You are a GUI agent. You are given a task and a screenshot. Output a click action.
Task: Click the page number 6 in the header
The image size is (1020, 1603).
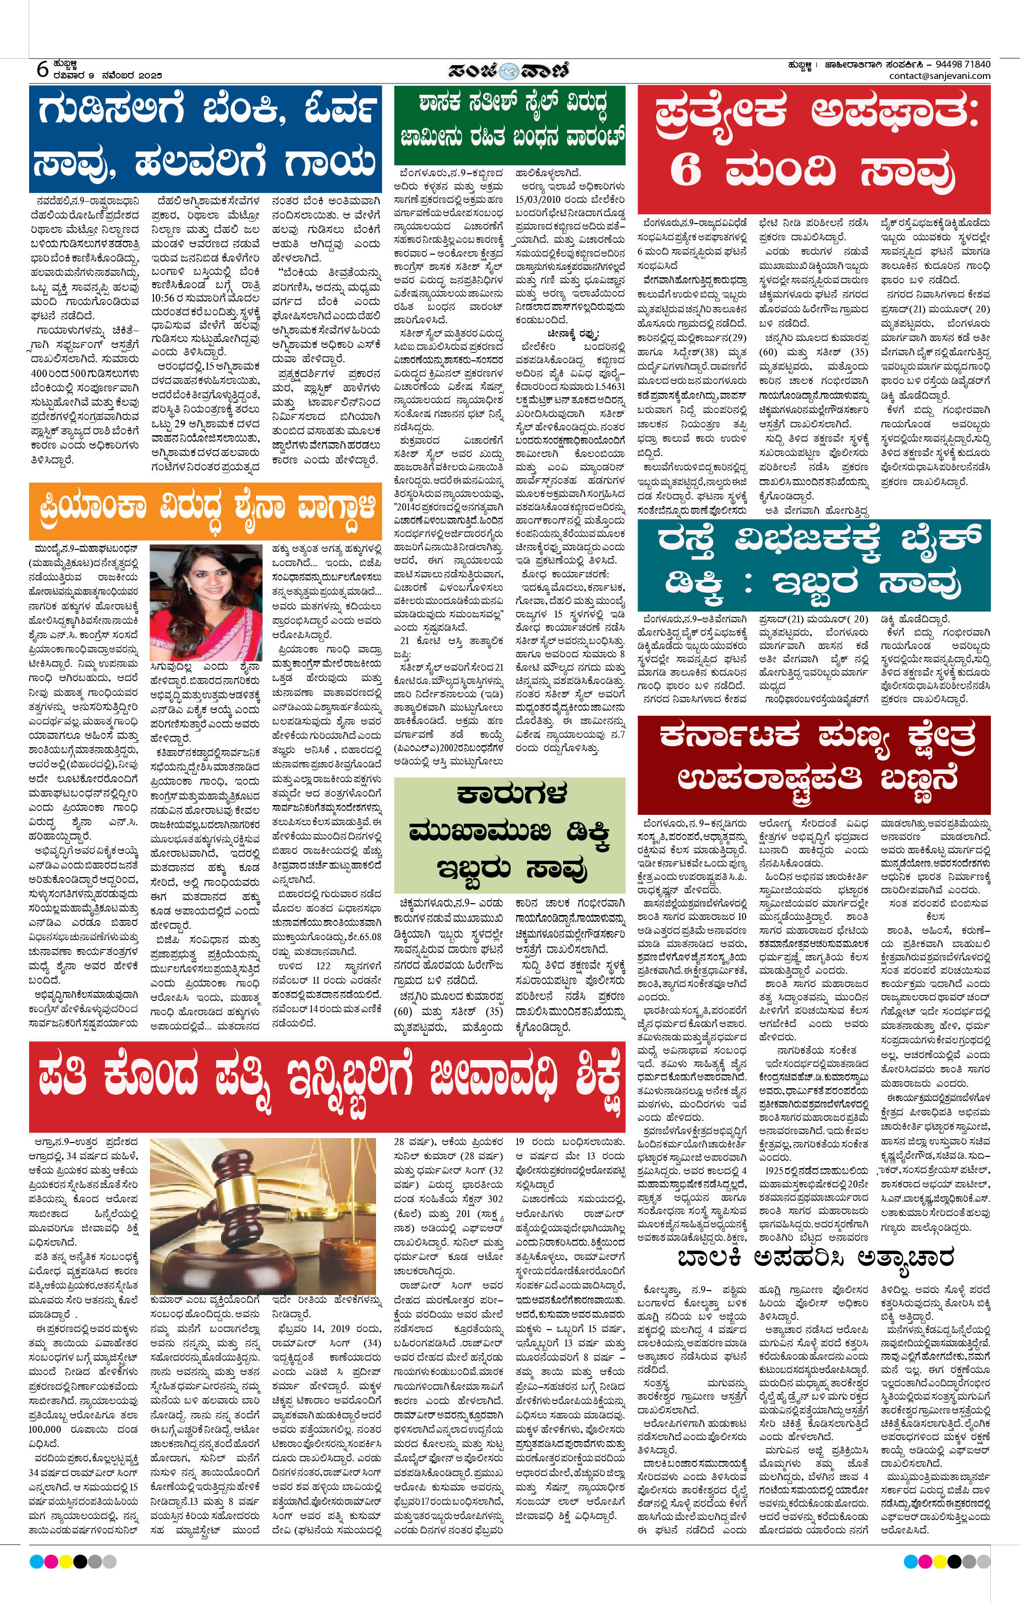coord(42,69)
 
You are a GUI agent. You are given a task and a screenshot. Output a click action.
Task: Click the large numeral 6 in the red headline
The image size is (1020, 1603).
coord(686,172)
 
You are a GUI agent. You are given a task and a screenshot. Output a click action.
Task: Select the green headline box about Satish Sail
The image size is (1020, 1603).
coord(510,124)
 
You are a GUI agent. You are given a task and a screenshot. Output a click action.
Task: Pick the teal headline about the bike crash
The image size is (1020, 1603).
coord(813,563)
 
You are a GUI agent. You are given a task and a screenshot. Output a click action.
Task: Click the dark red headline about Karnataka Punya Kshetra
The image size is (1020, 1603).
coord(813,756)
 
